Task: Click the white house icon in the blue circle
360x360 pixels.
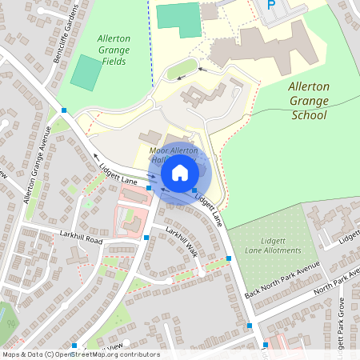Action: (x=179, y=172)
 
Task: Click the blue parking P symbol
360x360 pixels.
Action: (x=271, y=5)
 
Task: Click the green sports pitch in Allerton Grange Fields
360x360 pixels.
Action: (x=86, y=73)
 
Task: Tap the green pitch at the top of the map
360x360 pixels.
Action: (x=178, y=18)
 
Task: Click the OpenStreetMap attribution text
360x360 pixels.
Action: (x=80, y=354)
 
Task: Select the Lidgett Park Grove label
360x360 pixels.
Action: (x=339, y=316)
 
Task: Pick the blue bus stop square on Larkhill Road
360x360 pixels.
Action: (x=146, y=238)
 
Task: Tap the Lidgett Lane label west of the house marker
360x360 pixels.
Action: (x=118, y=175)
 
